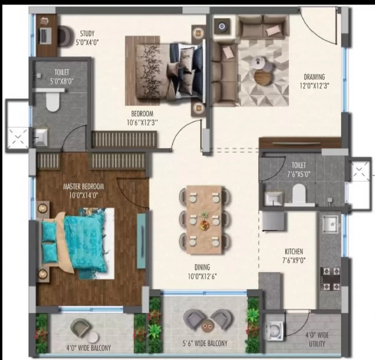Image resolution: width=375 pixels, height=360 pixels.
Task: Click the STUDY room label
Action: tap(87, 33)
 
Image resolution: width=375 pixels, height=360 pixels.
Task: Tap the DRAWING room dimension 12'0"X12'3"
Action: tap(314, 86)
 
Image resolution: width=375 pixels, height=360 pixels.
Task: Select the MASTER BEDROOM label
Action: tap(83, 186)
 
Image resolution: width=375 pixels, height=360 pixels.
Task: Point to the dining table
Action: tap(204, 219)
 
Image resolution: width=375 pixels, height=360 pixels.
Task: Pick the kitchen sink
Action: tap(330, 224)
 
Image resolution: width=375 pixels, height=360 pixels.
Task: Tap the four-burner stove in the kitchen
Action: tap(330, 278)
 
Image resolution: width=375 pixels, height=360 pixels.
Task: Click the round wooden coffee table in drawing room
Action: tap(263, 77)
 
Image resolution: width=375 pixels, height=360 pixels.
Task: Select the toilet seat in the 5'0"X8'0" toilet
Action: tap(52, 101)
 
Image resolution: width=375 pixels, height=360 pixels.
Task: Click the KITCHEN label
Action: tap(294, 252)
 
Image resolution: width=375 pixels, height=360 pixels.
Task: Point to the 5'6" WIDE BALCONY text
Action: tap(205, 343)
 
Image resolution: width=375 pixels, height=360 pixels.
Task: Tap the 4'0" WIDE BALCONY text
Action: tap(89, 347)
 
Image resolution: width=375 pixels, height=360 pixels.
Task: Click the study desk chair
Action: tap(65, 36)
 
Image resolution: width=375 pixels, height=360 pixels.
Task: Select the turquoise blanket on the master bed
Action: tap(85, 242)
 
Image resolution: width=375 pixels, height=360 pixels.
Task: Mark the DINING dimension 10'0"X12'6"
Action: tap(202, 276)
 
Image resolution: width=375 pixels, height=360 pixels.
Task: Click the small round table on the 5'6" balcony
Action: tap(207, 327)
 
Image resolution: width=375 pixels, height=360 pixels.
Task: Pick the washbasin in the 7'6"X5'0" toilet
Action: tap(274, 199)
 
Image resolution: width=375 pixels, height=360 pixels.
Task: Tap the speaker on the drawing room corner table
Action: tap(222, 26)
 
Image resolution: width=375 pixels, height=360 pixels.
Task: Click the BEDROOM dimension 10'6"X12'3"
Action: tap(142, 123)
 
